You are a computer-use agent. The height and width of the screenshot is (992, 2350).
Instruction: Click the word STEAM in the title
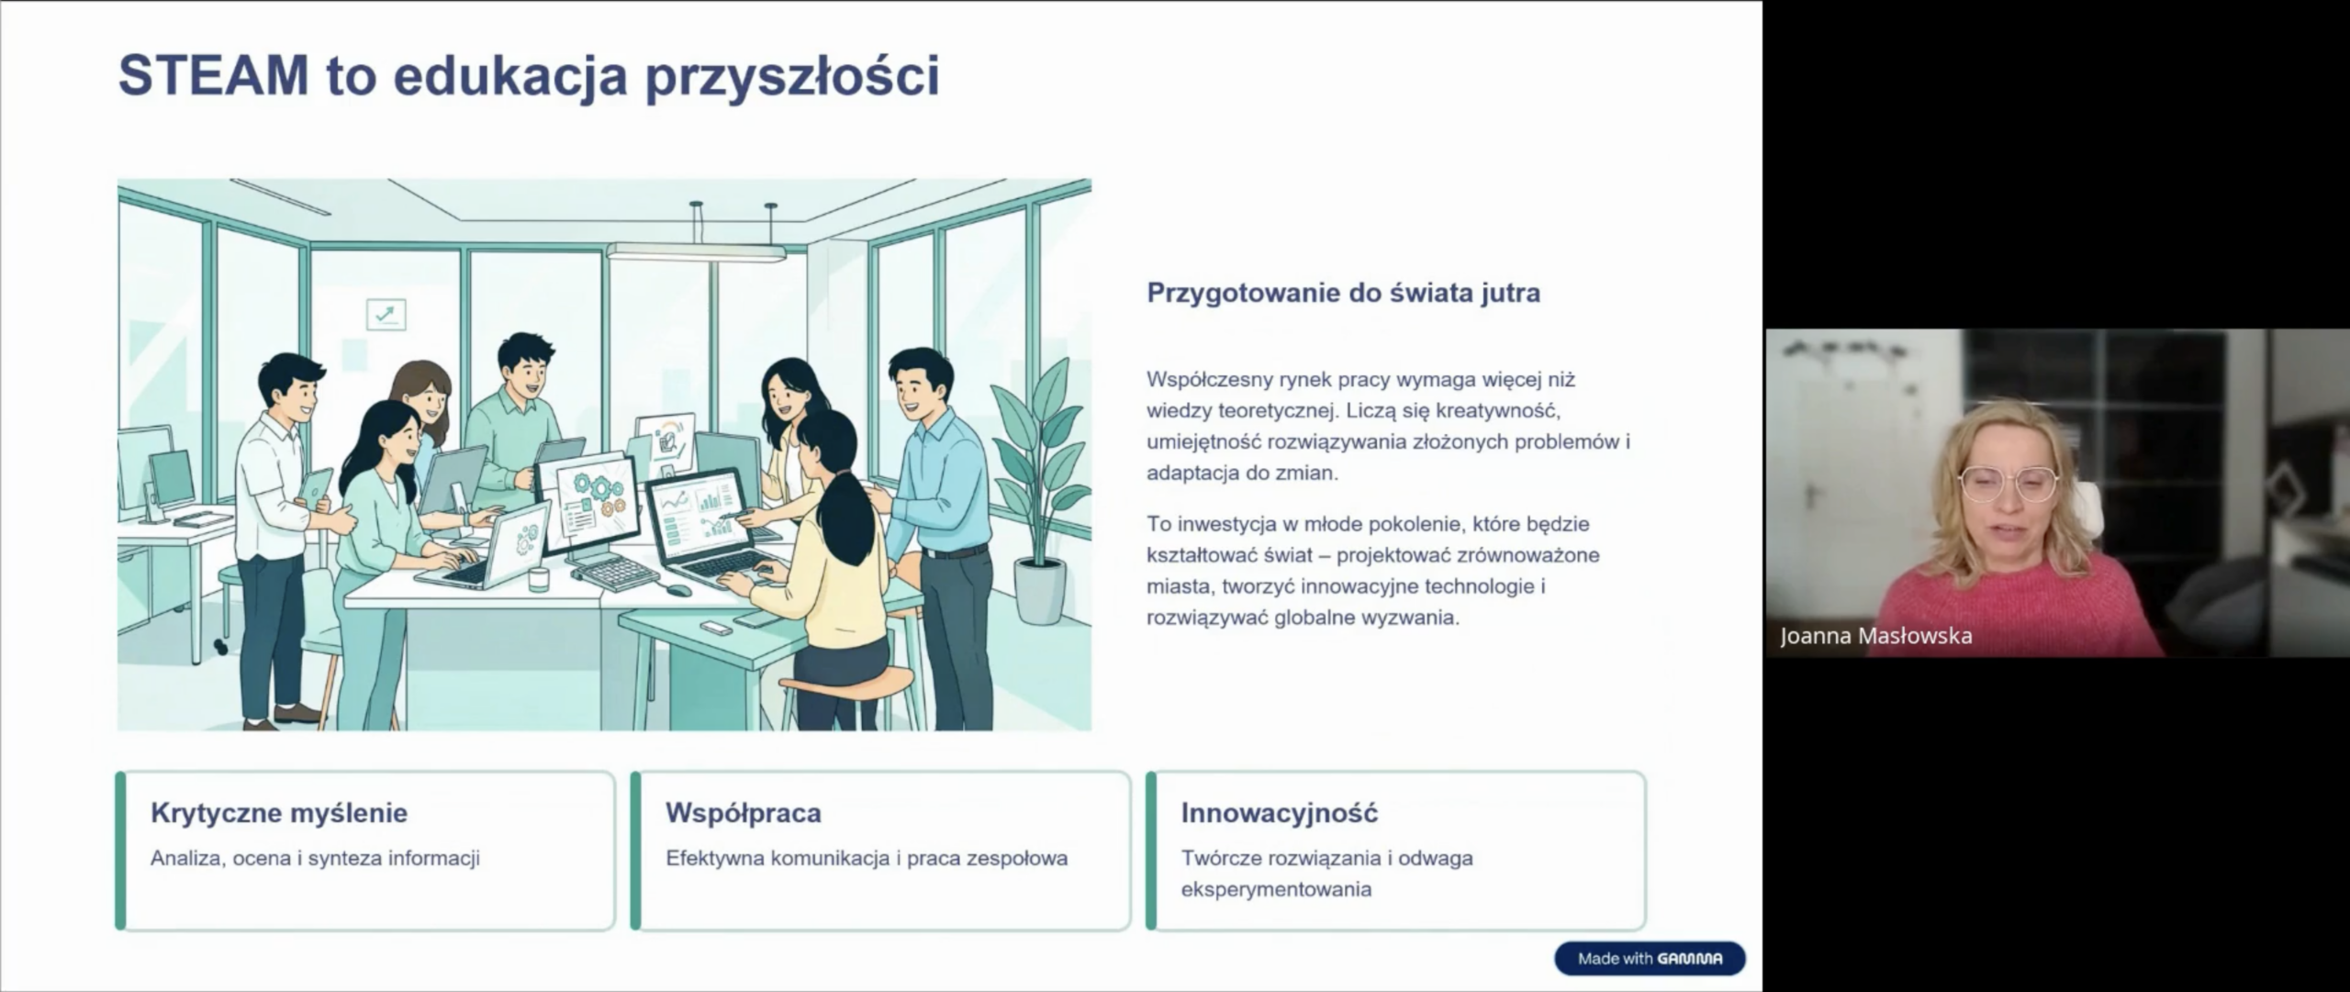213,75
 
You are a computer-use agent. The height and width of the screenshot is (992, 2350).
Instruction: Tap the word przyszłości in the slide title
792,77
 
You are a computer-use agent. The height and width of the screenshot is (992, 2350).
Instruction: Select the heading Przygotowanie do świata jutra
1343,293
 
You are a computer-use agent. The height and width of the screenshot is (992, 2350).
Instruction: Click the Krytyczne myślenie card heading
279,813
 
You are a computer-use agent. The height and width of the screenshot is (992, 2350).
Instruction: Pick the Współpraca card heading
743,813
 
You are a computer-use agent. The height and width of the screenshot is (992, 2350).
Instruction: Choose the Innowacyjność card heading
1279,813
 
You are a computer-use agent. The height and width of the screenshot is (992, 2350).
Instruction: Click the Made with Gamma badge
1649,958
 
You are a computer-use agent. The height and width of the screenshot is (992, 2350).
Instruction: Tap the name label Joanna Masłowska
1875,636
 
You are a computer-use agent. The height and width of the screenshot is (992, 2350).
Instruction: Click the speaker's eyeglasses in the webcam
2008,484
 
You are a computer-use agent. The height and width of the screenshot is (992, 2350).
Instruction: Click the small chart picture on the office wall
386,315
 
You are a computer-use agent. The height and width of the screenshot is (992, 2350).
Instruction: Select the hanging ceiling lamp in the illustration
696,251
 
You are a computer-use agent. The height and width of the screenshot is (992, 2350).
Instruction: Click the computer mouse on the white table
677,589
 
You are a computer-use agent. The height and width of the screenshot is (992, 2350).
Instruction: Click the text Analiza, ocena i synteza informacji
315,859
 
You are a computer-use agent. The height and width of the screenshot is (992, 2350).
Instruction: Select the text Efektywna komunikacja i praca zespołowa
866,859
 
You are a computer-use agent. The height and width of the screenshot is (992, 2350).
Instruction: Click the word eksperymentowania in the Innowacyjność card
1275,889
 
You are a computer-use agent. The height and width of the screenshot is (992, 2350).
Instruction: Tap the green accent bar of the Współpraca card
635,851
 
